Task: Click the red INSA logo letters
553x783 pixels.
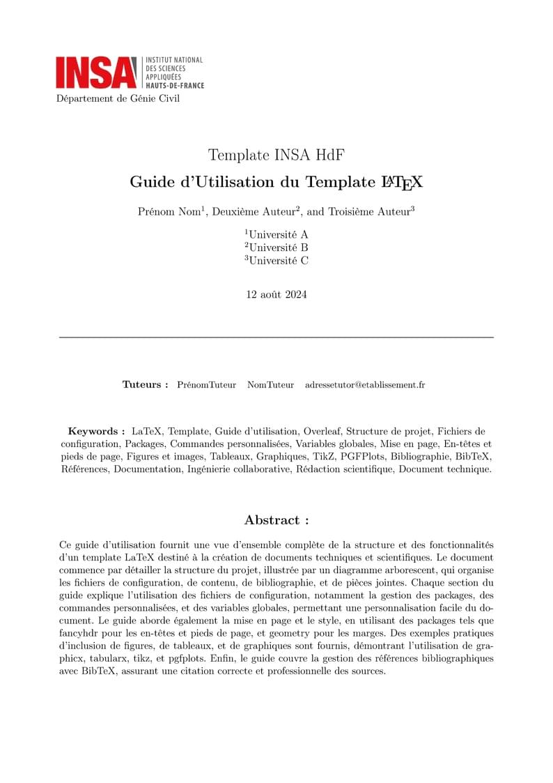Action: coord(96,72)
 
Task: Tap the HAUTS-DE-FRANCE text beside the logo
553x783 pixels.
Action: coord(175,85)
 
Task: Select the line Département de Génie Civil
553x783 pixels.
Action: coord(118,98)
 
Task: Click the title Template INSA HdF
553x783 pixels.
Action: coord(276,155)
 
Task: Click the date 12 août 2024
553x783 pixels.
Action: coord(276,294)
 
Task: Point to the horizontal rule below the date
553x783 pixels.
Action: coord(276,337)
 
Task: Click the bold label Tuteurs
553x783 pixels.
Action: coord(145,384)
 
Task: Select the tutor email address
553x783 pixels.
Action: coord(365,384)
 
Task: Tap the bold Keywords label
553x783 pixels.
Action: coord(96,431)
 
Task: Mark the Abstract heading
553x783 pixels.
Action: coord(276,520)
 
